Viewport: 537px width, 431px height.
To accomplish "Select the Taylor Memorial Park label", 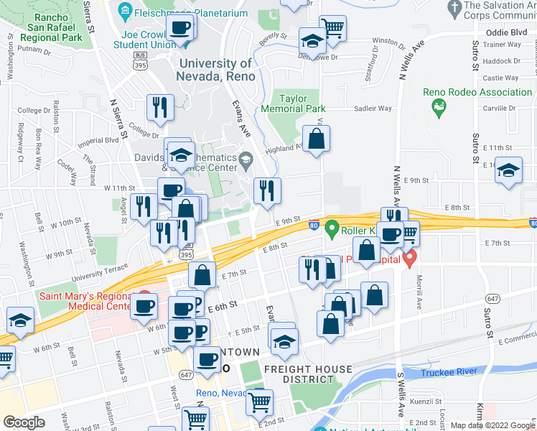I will (x=302, y=103).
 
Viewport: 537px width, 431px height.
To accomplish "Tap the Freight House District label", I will (x=308, y=374).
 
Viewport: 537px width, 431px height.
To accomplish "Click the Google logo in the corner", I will (x=24, y=423).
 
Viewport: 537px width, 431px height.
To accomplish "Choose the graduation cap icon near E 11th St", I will (x=509, y=170).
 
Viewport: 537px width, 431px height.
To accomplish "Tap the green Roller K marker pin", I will (x=331, y=230).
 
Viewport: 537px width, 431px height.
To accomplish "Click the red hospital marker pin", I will (x=410, y=257).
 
